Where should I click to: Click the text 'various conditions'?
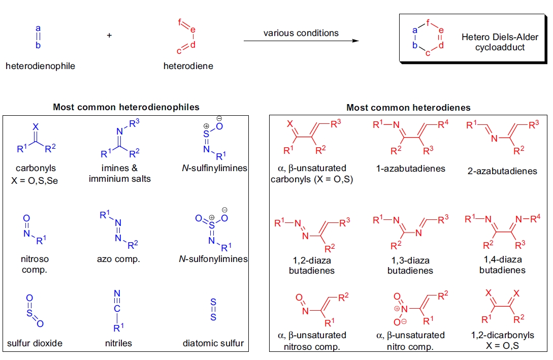(x=301, y=33)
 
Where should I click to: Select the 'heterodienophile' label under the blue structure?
(x=40, y=66)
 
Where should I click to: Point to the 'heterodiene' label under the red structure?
(x=188, y=66)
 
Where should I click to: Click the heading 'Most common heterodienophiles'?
(x=126, y=107)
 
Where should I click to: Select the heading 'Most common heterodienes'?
(x=408, y=108)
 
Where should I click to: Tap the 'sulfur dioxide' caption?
(x=35, y=343)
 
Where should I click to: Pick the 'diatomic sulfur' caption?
(x=213, y=343)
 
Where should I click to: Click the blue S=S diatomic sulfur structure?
(x=213, y=310)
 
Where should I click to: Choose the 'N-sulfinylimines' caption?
(x=213, y=168)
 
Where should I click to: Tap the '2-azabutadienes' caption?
(x=502, y=171)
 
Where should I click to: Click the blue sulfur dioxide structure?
(x=35, y=311)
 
